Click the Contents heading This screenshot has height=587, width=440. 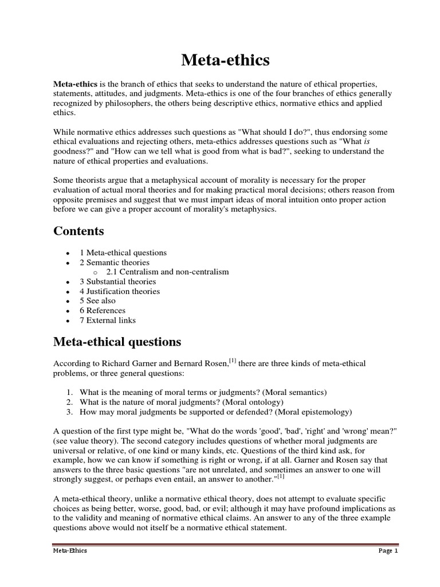point(79,231)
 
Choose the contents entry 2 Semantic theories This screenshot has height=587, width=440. point(115,263)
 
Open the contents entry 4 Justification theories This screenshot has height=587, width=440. point(120,291)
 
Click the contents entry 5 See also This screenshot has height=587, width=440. point(97,301)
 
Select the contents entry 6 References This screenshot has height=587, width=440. point(103,311)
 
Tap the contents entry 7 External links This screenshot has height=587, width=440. point(108,320)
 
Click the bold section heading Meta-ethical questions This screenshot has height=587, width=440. point(117,342)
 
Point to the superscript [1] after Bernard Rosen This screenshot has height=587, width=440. point(233,361)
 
